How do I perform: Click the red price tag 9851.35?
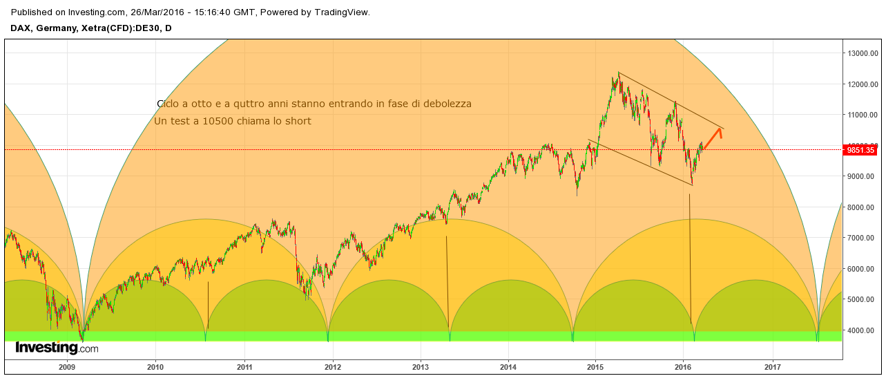[x=860, y=150]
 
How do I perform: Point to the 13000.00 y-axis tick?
[x=863, y=53]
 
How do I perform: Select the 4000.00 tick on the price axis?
[x=863, y=330]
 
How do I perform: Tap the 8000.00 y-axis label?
[x=863, y=207]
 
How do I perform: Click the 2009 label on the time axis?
[x=67, y=367]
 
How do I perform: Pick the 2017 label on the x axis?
[x=773, y=367]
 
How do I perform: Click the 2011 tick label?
[x=244, y=367]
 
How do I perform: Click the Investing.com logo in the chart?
[x=57, y=348]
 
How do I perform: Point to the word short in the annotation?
[x=298, y=121]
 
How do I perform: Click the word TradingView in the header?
[x=340, y=12]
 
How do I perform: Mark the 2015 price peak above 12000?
[x=613, y=77]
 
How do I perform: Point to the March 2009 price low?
[x=82, y=339]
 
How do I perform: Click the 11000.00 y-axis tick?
[x=863, y=115]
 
